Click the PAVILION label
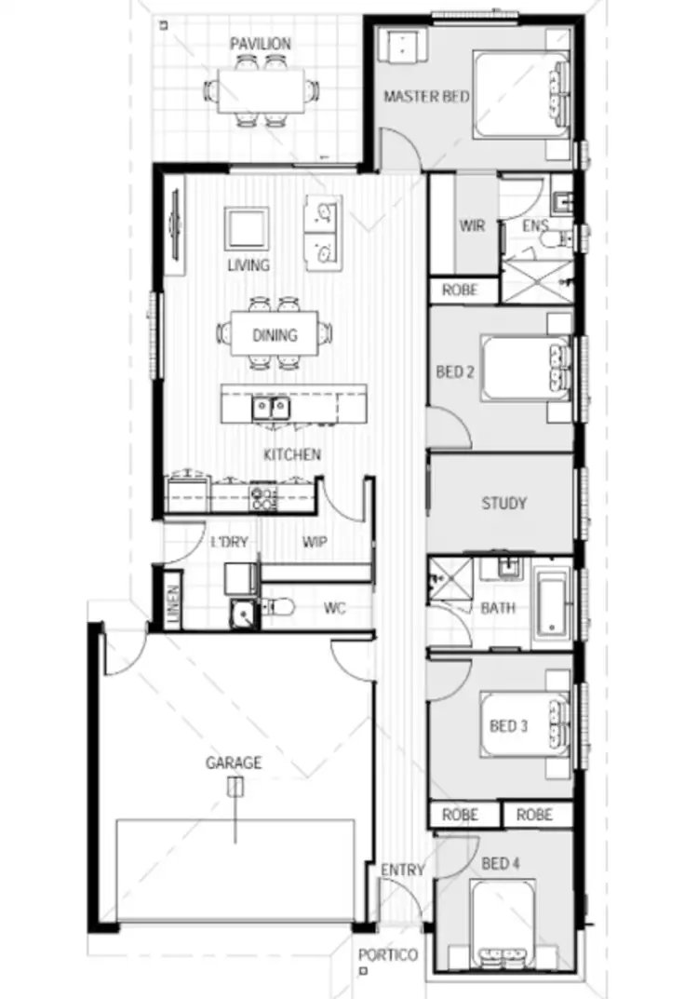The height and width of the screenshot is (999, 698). point(261,44)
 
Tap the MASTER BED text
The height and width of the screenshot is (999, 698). point(426,97)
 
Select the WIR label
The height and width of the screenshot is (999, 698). point(472,226)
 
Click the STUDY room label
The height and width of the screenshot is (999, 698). point(503,504)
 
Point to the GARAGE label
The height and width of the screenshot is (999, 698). point(234,763)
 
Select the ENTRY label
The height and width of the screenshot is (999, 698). point(402,871)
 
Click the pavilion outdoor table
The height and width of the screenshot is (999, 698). point(261,90)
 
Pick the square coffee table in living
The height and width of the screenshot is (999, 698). point(247,229)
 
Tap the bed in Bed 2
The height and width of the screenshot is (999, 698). point(526,369)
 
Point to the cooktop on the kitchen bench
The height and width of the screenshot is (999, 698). point(263,497)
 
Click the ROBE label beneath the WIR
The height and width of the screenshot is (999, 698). point(459,290)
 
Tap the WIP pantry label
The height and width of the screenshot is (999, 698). point(315,542)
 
